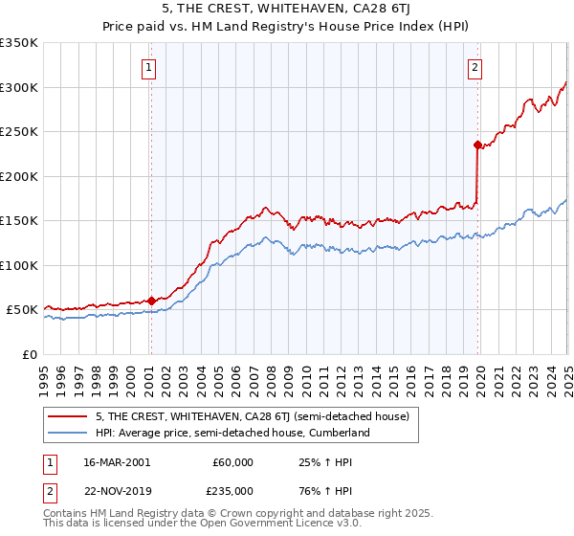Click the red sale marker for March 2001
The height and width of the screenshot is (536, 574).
coord(151,300)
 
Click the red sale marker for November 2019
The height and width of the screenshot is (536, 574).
coord(476,145)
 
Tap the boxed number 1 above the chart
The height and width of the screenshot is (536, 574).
coord(151,67)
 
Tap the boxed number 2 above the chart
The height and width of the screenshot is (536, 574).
coord(475,67)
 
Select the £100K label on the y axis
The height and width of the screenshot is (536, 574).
coord(19,265)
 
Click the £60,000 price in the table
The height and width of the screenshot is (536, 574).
coord(232,462)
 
